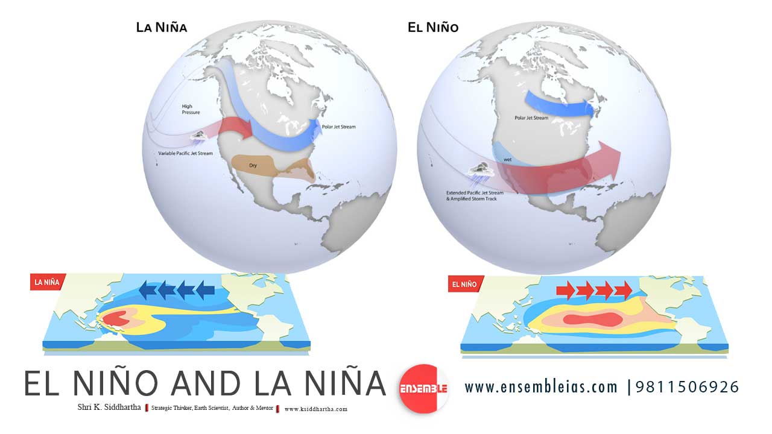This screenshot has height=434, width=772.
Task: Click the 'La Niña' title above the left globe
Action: pos(161,27)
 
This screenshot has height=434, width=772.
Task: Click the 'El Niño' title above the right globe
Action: pos(433,27)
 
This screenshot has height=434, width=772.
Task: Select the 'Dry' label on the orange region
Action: pos(253,165)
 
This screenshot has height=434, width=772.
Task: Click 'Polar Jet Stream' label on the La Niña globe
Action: pos(344,128)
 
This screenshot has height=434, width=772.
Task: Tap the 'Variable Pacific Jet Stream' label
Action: pos(185,154)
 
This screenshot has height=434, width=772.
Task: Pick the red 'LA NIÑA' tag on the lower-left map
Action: pos(47,281)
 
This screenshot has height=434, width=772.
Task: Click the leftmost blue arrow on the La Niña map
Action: pos(148,291)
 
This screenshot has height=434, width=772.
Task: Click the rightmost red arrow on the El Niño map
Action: pos(624,291)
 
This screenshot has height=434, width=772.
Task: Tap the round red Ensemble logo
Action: pos(423,389)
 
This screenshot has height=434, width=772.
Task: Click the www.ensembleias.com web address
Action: pos(540,386)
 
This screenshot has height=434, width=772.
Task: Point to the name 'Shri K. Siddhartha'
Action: pos(109,407)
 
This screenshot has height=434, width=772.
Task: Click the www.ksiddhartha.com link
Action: pos(316,409)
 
